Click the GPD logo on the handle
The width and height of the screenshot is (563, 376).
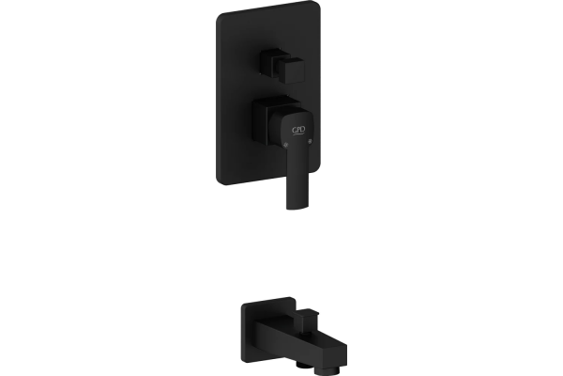coord(298,131)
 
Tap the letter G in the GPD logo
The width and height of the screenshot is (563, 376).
coord(294,131)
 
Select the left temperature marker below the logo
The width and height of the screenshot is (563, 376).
coord(286,145)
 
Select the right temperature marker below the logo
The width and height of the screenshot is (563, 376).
coord(311,140)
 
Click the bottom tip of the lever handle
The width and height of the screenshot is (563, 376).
coord(297,208)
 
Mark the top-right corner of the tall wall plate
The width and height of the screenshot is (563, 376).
coord(319,2)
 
